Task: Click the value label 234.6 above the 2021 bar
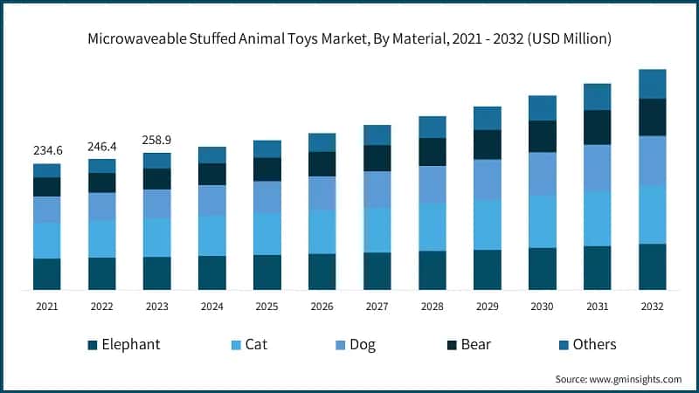pyautogui.click(x=47, y=150)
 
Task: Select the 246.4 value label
pyautogui.click(x=102, y=146)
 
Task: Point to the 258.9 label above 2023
pyautogui.click(x=157, y=140)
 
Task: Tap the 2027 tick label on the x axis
pyautogui.click(x=377, y=307)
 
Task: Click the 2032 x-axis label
pyautogui.click(x=652, y=307)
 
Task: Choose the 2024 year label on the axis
pyautogui.click(x=212, y=307)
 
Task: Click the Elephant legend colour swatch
pyautogui.click(x=92, y=345)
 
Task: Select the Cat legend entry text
pyautogui.click(x=256, y=344)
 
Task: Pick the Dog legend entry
pyautogui.click(x=362, y=344)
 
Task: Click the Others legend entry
pyautogui.click(x=594, y=344)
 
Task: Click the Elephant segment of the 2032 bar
pyautogui.click(x=652, y=266)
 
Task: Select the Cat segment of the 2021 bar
pyautogui.click(x=47, y=240)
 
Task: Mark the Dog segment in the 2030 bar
pyautogui.click(x=543, y=174)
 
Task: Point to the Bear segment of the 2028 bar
pyautogui.click(x=433, y=152)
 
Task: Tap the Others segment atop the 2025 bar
pyautogui.click(x=267, y=149)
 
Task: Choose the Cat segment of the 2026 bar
pyautogui.click(x=322, y=231)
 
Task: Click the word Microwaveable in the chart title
pyautogui.click(x=136, y=38)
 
